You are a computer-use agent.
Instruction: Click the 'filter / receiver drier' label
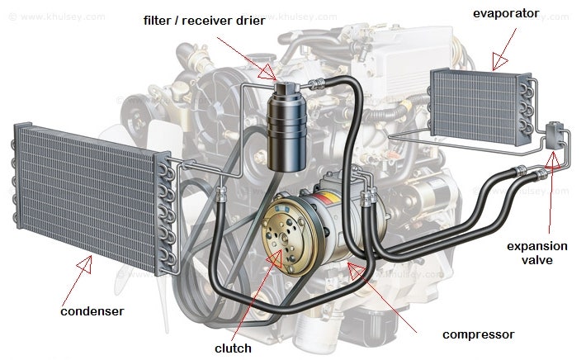click(x=205, y=20)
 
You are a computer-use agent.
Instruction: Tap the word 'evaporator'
click(x=506, y=12)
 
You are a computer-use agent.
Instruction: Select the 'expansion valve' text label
click(x=536, y=253)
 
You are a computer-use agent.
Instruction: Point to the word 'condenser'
click(x=92, y=311)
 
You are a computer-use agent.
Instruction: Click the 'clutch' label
click(x=232, y=348)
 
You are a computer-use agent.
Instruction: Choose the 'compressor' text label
click(x=478, y=334)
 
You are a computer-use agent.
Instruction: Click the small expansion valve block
click(x=556, y=135)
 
